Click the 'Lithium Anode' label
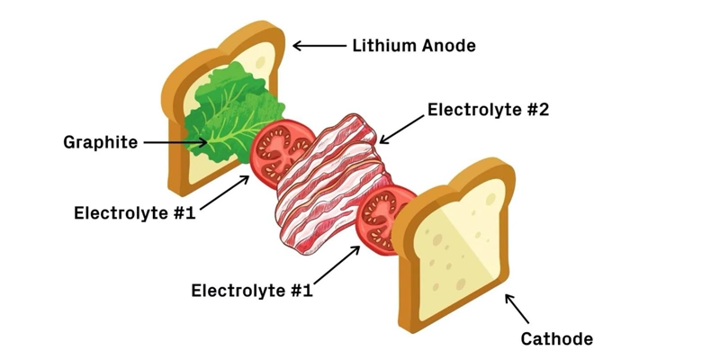click(x=414, y=46)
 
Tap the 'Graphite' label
click(x=100, y=142)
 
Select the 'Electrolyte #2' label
click(x=488, y=110)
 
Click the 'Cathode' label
click(x=556, y=339)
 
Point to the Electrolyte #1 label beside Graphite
click(x=135, y=213)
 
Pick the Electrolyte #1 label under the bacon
click(x=252, y=291)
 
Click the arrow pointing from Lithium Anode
click(x=319, y=46)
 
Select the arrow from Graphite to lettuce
click(x=175, y=142)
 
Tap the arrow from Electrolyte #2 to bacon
click(x=401, y=130)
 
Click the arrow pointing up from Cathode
click(x=517, y=309)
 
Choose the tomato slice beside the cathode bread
click(x=385, y=220)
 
